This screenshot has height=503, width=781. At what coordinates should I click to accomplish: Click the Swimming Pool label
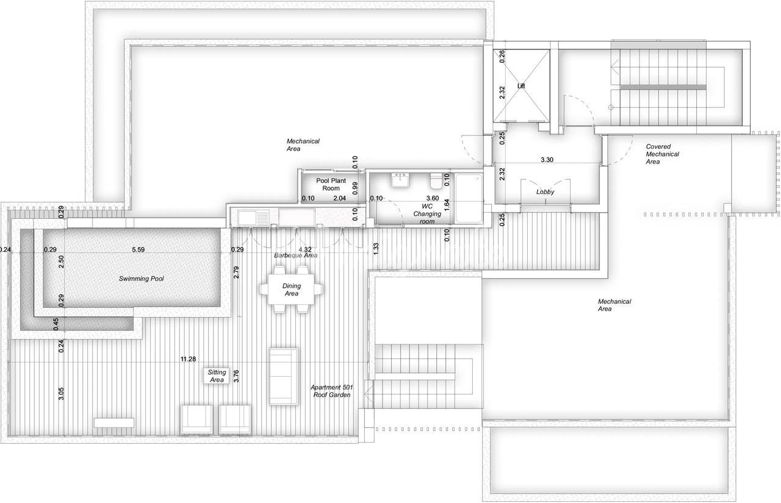(141, 279)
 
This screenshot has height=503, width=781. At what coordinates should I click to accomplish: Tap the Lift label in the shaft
(521, 86)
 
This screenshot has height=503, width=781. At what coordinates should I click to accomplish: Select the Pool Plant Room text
(331, 184)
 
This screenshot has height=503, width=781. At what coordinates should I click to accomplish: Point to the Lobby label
(545, 192)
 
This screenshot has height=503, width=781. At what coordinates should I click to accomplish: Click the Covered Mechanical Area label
(663, 154)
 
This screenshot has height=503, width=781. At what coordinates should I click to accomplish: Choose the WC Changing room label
(427, 214)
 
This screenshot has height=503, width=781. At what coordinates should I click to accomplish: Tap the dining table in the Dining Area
(292, 290)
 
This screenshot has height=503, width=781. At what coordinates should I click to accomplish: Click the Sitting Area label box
(217, 376)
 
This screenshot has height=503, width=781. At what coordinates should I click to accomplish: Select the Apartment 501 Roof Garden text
(331, 391)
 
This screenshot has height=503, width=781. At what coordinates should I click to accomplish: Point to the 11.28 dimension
(189, 359)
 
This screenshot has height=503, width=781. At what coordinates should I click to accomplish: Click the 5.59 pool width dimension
(138, 249)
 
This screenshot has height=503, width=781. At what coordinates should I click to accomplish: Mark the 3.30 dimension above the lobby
(547, 160)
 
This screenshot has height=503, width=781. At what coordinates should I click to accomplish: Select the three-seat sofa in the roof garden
(284, 376)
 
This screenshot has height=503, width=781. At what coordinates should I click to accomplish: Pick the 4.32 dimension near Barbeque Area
(305, 249)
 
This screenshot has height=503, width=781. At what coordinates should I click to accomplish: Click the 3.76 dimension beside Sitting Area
(236, 376)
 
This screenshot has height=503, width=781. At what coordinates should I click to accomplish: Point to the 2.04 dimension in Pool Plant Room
(340, 198)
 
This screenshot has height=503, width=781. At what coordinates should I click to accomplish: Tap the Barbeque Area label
(296, 255)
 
